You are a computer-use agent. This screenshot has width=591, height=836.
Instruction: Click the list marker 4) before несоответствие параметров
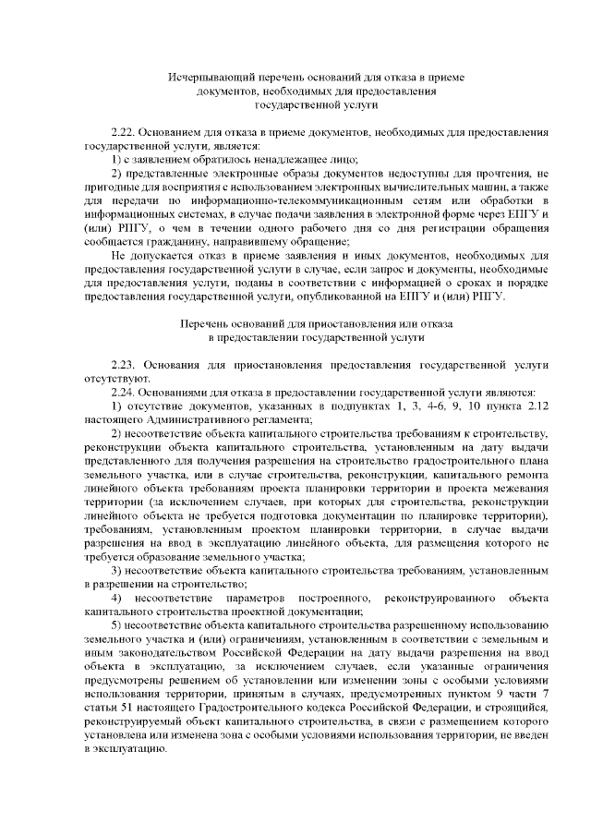point(116,598)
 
